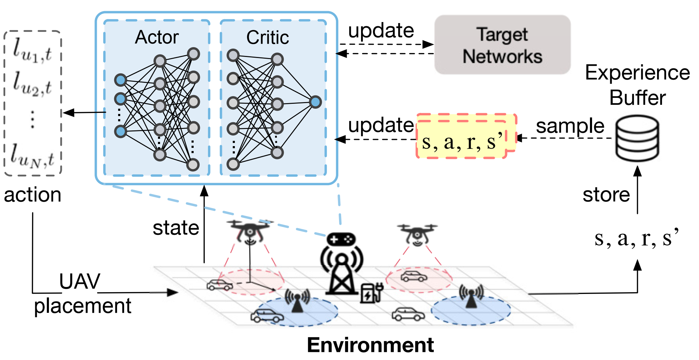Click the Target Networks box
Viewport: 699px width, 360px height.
tap(502, 45)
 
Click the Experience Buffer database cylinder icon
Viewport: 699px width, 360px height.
tap(637, 138)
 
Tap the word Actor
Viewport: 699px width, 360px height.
tap(157, 37)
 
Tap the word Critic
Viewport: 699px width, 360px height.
tap(267, 37)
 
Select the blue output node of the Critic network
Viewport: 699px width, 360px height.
tap(315, 102)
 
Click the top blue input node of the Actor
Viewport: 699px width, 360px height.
tap(121, 80)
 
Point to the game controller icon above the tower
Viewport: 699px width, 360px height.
tap(341, 239)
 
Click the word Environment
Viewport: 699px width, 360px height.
tap(370, 345)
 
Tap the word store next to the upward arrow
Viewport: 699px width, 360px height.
tap(606, 195)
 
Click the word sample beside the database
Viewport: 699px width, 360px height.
tap(570, 126)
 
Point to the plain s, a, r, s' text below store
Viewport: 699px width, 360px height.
tap(636, 238)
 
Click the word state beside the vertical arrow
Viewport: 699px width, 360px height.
tap(176, 228)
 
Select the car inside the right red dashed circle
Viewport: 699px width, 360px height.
tap(414, 276)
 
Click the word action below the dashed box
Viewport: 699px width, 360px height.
tap(33, 195)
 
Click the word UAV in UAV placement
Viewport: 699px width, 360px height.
tap(80, 281)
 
